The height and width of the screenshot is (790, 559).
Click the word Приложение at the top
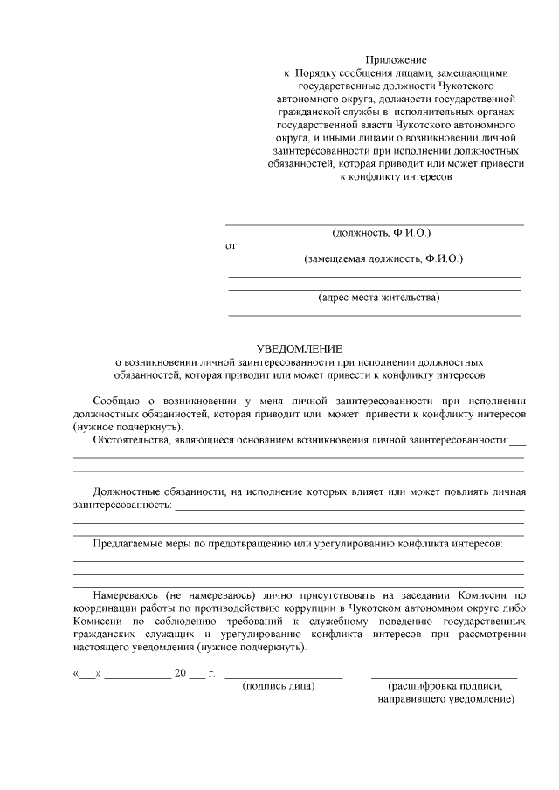coord(396,58)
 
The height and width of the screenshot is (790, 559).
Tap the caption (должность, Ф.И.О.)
coord(382,233)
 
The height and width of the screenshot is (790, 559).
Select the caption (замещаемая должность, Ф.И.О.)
coord(383,259)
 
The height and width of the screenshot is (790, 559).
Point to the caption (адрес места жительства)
coord(379,297)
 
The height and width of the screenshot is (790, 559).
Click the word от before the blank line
coord(231,246)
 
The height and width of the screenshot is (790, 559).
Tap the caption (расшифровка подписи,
coord(445,686)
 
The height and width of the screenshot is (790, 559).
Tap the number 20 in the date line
coord(181,673)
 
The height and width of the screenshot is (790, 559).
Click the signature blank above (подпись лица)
coord(284,677)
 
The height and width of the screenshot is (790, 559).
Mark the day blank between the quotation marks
coord(87,675)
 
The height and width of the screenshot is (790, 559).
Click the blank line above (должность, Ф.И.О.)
coord(375,224)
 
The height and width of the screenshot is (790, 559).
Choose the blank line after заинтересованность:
coord(349,507)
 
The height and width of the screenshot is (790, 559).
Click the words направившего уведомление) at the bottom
coord(446,699)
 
